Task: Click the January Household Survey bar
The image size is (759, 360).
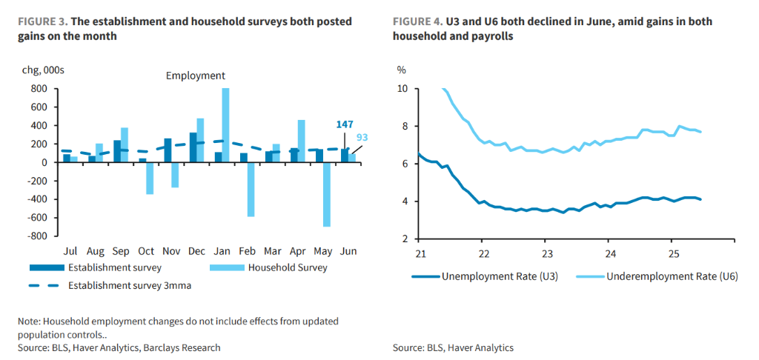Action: pos(225,125)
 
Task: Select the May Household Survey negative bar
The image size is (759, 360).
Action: pos(326,194)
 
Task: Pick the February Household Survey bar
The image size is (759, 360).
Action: pos(251,189)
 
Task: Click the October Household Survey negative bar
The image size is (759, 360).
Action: pos(150,178)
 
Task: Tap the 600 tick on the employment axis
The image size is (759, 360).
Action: pos(40,107)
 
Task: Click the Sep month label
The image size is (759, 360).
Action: pos(122,252)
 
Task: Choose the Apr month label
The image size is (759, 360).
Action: pos(298,252)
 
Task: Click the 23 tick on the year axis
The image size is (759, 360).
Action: pos(545,253)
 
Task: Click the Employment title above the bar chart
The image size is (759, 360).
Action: pos(195,76)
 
